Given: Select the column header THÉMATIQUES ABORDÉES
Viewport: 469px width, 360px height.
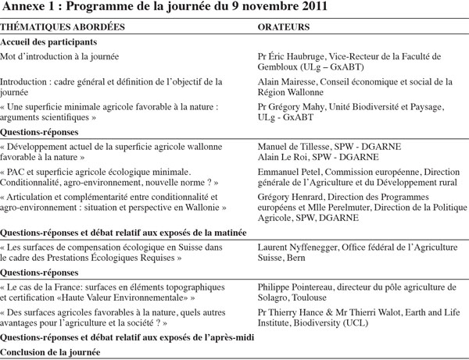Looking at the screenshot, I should tap(51, 26).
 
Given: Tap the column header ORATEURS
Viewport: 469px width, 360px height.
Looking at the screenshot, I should tap(285, 26).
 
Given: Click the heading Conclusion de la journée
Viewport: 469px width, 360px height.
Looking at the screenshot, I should tap(55, 351).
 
